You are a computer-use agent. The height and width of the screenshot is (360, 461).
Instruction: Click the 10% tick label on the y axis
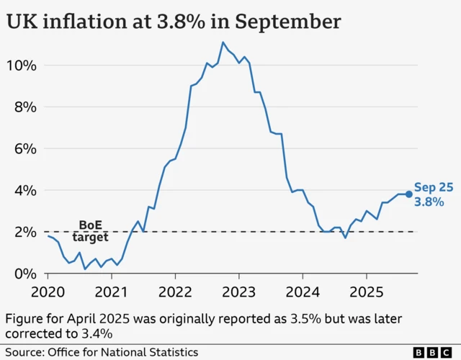(x=21, y=66)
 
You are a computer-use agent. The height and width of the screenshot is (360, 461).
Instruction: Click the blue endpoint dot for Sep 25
(x=409, y=194)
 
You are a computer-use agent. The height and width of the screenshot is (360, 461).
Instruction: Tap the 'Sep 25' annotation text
(x=434, y=186)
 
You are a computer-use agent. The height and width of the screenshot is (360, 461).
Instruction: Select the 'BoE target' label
(x=91, y=231)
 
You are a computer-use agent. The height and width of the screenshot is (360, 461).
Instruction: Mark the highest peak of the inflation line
(x=223, y=42)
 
